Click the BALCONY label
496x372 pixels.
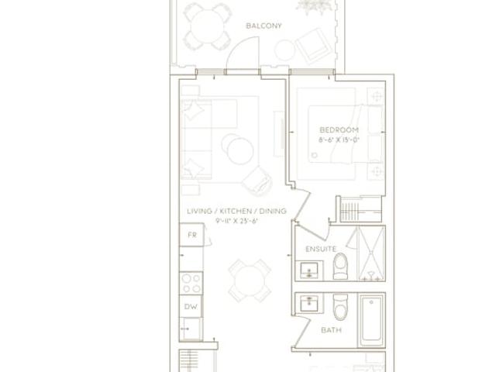click(x=263, y=26)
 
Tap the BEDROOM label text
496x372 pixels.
click(x=339, y=130)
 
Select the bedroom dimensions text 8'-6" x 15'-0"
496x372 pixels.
click(x=339, y=139)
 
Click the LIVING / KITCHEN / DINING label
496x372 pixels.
click(x=237, y=211)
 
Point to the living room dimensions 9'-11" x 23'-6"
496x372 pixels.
click(x=237, y=221)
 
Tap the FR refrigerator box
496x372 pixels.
click(x=191, y=235)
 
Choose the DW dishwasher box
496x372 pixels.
click(x=191, y=306)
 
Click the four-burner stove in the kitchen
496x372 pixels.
click(x=191, y=284)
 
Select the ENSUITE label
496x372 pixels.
click(x=321, y=250)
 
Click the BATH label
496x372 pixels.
click(x=331, y=330)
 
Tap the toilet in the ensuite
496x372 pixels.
click(x=340, y=266)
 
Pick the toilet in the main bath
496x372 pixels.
click(x=340, y=307)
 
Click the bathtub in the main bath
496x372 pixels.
click(x=371, y=319)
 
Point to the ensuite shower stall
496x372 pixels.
click(x=371, y=253)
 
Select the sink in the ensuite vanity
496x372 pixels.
click(x=309, y=270)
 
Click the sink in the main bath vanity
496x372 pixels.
click(x=309, y=304)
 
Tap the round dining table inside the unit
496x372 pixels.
click(x=250, y=281)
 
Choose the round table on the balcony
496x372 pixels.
click(x=207, y=26)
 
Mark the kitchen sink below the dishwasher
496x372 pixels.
click(x=191, y=329)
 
